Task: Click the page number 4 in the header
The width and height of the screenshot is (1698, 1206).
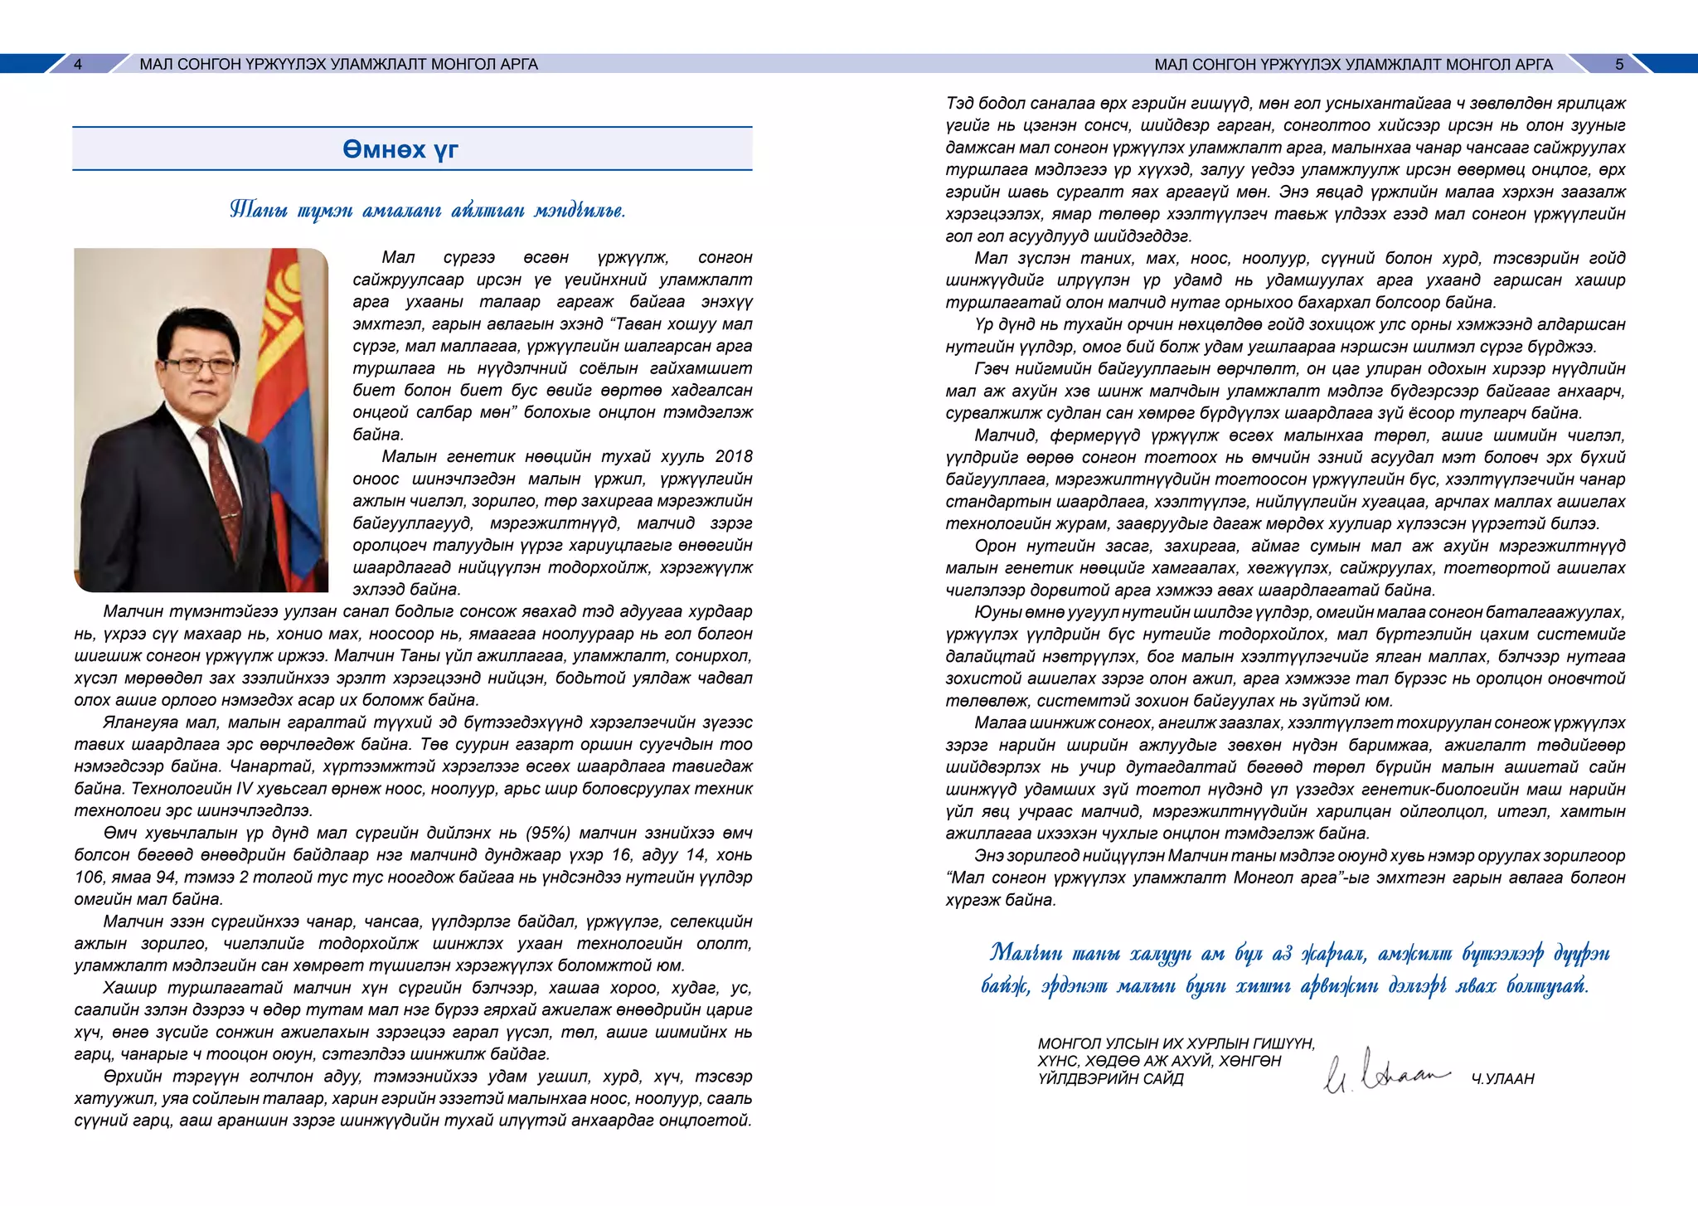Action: click(x=78, y=65)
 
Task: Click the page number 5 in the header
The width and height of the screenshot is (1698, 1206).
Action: click(x=1619, y=65)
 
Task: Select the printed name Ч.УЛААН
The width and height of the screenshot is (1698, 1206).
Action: click(x=1502, y=1079)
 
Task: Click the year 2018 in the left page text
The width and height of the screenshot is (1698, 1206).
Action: click(x=733, y=457)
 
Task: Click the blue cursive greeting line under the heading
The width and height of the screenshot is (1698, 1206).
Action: click(x=427, y=210)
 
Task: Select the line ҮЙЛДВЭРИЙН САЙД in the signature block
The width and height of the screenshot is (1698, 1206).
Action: click(x=1110, y=1079)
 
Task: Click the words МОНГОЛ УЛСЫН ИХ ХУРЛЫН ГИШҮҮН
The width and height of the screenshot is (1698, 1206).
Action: click(x=1176, y=1043)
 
